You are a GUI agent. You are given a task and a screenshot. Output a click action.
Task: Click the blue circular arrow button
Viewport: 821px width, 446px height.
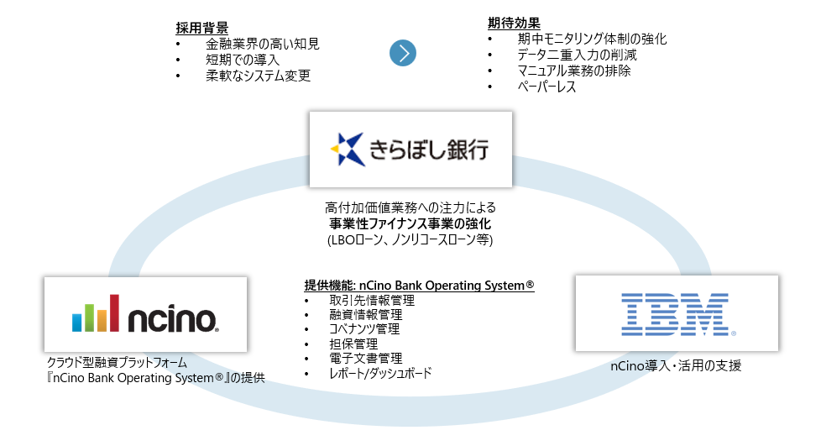coord(403,53)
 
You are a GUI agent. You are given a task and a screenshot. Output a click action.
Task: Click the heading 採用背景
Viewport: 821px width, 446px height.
coord(203,27)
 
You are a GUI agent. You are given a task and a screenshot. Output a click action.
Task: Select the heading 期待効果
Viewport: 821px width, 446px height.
coord(515,23)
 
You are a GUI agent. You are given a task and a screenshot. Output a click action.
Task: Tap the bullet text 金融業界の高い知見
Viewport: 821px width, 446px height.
coord(262,44)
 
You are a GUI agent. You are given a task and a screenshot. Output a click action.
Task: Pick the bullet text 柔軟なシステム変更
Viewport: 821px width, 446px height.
coord(258,76)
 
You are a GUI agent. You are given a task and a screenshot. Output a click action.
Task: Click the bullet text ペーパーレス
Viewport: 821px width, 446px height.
coord(546,87)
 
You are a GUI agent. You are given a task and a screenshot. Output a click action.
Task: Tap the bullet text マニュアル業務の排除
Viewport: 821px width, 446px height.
coord(573,71)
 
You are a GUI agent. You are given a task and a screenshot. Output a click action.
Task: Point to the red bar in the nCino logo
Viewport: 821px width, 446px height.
coord(113,313)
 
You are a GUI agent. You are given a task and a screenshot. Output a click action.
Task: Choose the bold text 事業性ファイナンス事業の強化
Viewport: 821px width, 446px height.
coord(410,223)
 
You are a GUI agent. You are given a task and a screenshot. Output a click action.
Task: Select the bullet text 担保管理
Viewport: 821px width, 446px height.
coord(353,344)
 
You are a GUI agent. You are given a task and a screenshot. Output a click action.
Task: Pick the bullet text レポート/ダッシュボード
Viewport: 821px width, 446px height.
coord(380,373)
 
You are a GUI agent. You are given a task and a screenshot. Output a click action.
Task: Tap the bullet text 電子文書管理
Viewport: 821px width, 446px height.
coord(365,359)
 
